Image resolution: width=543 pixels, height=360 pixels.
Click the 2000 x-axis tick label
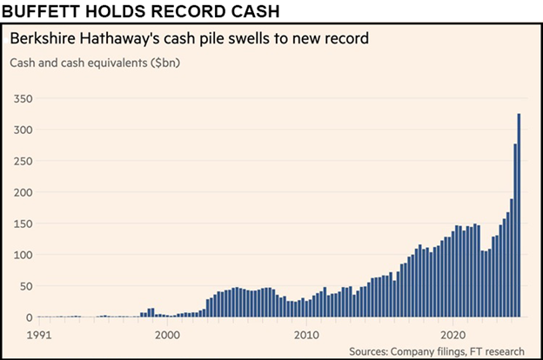pos(167,332)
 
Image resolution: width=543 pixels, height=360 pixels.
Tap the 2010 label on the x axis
pos(305,332)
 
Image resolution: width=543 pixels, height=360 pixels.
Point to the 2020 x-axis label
pos(452,332)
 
